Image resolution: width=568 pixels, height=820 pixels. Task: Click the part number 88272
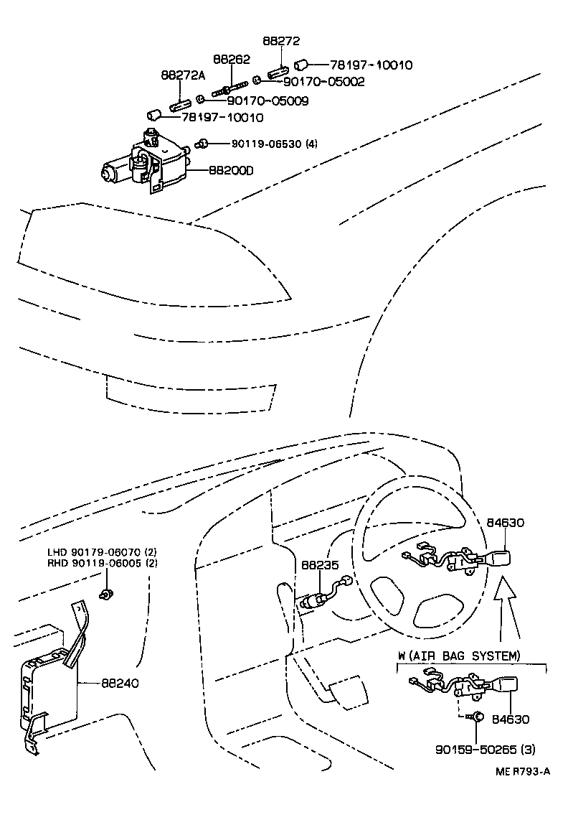(x=280, y=42)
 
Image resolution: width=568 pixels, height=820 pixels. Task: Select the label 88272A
(x=182, y=75)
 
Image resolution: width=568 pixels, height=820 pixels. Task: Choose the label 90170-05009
(x=262, y=101)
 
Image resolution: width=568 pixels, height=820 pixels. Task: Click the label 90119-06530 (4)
(x=274, y=144)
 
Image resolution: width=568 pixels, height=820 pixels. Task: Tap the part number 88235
(x=319, y=566)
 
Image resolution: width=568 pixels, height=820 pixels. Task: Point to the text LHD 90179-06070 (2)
(x=102, y=551)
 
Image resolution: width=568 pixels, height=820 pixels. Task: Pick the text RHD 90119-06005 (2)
(x=102, y=563)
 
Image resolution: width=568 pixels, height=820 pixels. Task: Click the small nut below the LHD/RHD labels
(x=106, y=594)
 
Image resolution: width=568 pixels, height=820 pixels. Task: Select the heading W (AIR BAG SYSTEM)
(x=459, y=656)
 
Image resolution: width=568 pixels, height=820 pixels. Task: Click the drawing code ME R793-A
(x=522, y=771)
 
